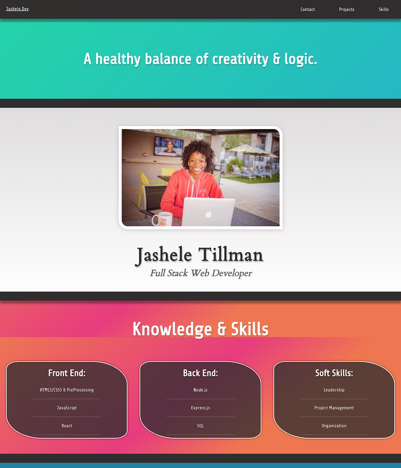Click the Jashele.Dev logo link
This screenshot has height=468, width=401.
coord(17,9)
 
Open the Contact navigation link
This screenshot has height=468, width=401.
coord(308,9)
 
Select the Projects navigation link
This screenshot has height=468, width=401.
coord(346,9)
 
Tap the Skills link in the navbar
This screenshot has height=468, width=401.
coord(383,9)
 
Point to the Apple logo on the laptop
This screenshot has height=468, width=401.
coord(208,215)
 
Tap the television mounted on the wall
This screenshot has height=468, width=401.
coord(169,146)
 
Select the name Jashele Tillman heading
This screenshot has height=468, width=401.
coord(200,255)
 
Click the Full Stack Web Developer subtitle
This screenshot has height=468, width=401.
coord(201,273)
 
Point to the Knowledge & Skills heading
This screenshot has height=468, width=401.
coord(200,329)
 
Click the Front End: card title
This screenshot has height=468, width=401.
coord(67,373)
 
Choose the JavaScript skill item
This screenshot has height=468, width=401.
coord(67,408)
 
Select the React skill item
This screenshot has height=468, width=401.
coord(67,426)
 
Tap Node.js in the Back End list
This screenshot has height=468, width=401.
coord(200,390)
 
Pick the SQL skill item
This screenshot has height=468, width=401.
coord(200,426)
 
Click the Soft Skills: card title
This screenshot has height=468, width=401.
coord(334,373)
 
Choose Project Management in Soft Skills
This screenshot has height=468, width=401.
coord(334,408)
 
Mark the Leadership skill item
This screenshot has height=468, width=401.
coord(334,390)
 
